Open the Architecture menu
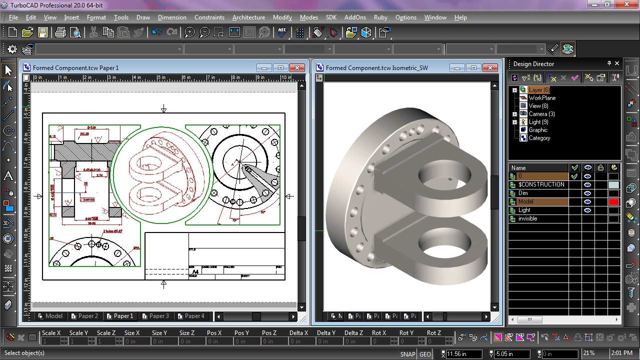[248, 17]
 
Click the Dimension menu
[172, 17]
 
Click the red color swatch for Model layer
[613, 202]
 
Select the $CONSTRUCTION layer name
[541, 184]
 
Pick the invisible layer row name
[527, 219]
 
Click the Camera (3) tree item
[541, 114]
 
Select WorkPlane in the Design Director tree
[542, 98]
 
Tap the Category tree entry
[539, 138]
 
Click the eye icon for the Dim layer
[587, 193]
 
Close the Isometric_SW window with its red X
[490, 68]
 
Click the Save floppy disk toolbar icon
[43, 32]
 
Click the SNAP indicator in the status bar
[407, 354]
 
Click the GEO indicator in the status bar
[425, 354]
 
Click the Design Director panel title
[533, 64]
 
